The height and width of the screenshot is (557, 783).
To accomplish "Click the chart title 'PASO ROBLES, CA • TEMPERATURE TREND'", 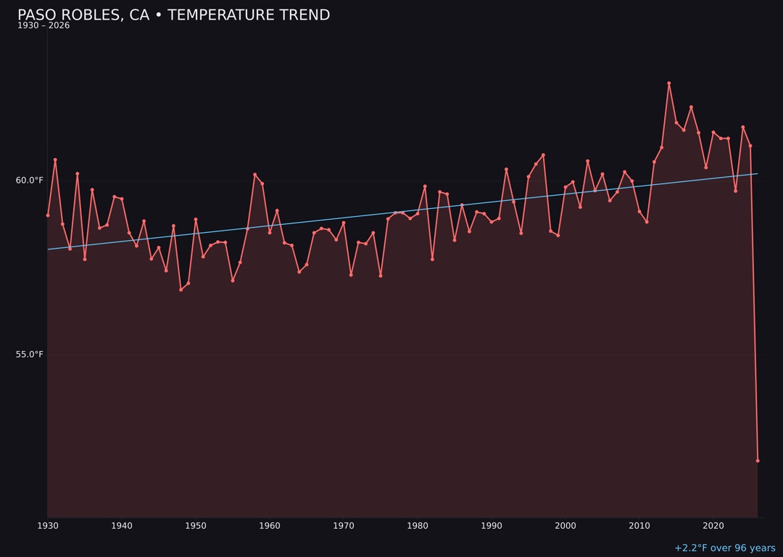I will tap(173, 15).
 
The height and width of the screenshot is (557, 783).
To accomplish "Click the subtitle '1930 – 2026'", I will tap(43, 26).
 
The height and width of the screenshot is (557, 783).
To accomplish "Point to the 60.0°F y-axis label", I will tap(30, 181).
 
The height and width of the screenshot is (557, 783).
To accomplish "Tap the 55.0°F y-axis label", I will tap(30, 355).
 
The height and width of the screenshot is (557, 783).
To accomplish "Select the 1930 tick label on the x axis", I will tap(48, 526).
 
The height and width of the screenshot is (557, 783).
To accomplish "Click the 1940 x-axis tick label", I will tap(122, 526).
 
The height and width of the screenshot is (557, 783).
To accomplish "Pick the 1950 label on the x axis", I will tap(196, 526).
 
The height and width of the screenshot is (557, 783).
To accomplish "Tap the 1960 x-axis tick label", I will tap(270, 526).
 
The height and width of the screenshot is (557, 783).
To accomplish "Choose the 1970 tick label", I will tap(344, 526).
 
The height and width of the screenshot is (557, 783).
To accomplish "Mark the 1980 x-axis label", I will tap(418, 526).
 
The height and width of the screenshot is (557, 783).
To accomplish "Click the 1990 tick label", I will tap(492, 526).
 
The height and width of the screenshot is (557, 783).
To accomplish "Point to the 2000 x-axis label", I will tap(565, 526).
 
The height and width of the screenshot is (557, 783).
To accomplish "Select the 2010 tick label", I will tap(639, 526).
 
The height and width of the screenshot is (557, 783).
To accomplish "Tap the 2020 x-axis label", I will tap(713, 526).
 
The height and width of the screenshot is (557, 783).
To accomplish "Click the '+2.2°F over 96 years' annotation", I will tap(724, 548).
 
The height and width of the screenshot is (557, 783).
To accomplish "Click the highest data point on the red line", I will tap(669, 83).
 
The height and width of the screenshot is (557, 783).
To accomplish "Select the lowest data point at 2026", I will tap(758, 461).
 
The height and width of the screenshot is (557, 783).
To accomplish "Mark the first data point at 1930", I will tap(48, 215).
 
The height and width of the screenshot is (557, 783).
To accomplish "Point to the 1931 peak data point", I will tap(55, 160).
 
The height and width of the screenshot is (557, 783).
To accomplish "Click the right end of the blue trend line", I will tap(757, 174).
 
